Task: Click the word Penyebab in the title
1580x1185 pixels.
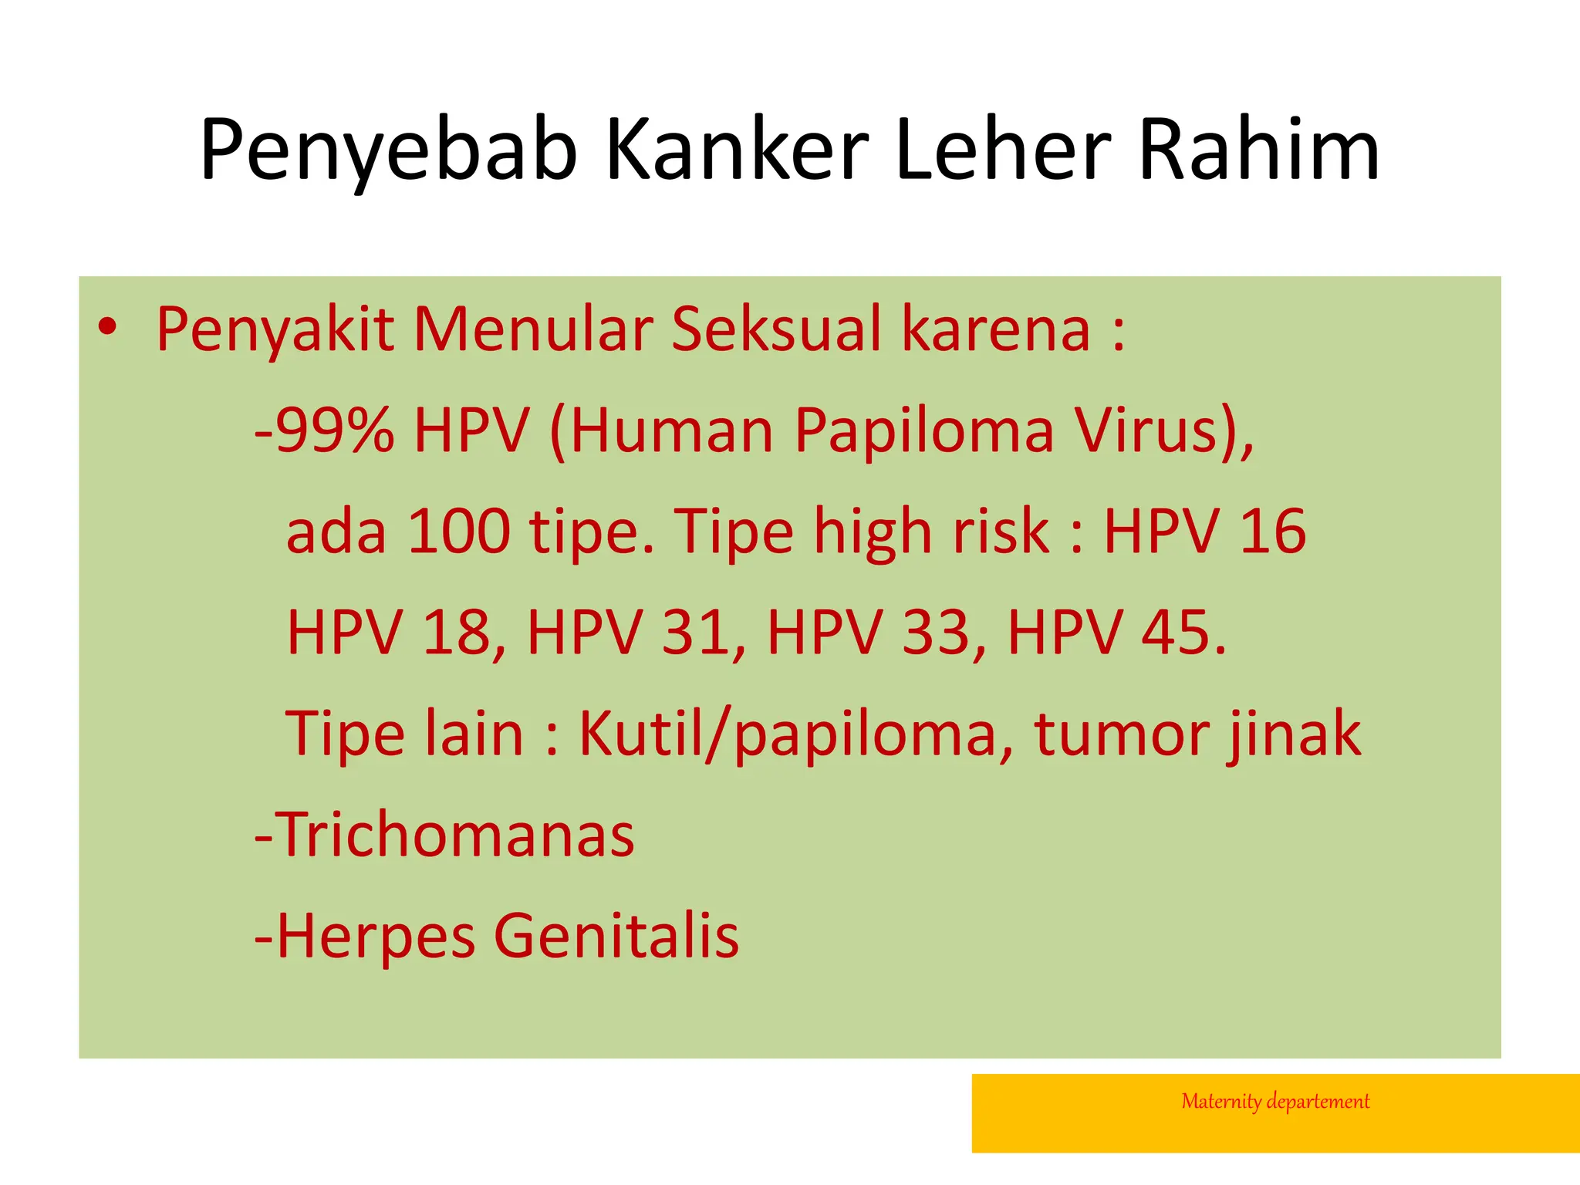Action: click(388, 150)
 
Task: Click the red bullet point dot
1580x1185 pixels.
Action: click(108, 327)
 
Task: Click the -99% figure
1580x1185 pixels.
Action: click(324, 430)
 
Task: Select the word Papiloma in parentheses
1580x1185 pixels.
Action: click(923, 431)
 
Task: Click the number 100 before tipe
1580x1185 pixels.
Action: click(458, 532)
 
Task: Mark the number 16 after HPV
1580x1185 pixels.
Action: click(1272, 532)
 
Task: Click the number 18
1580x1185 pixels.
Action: click(456, 633)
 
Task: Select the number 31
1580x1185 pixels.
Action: click(695, 633)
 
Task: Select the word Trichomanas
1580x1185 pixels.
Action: click(455, 835)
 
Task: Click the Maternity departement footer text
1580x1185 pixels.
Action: click(1275, 1102)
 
